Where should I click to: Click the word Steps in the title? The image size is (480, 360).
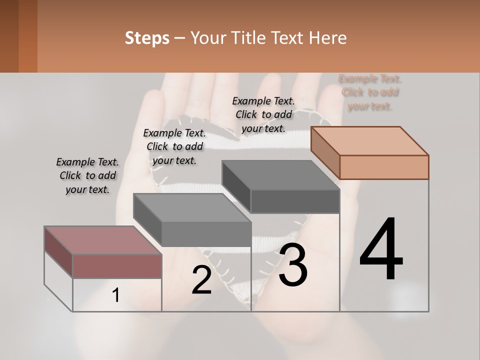point(147,38)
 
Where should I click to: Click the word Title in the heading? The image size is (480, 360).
point(250,38)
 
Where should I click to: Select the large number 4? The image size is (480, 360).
point(381,249)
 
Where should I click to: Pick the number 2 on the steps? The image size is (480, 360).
point(201,280)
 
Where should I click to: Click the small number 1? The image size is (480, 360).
point(116,295)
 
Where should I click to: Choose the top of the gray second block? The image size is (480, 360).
point(192,207)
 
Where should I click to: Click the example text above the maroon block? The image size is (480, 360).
point(87,175)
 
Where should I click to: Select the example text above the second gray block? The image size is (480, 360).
point(174,146)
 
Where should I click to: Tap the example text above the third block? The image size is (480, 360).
point(263,114)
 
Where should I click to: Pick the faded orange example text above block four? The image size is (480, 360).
point(370,92)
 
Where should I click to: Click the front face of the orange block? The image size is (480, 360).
point(384,167)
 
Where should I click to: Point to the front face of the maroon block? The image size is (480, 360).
point(117,266)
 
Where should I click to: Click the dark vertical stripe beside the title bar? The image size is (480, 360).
point(28,36)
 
